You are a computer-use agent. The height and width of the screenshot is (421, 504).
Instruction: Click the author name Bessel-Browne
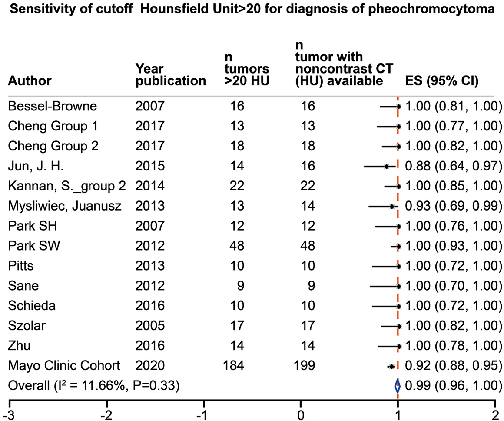[x=53, y=106]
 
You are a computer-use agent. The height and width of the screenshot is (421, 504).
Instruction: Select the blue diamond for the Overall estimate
[x=398, y=385]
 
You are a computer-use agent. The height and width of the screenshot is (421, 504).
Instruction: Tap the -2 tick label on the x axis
[x=107, y=415]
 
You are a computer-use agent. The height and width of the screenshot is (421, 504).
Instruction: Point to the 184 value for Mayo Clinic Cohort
[x=233, y=365]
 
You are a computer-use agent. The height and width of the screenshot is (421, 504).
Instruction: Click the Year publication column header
[x=170, y=75]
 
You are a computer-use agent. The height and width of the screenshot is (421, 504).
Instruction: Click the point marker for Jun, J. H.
[x=386, y=167]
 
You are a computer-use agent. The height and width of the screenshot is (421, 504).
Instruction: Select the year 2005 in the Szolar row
[x=150, y=325]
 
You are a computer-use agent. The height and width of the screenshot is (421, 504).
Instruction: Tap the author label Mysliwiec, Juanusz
[x=65, y=206]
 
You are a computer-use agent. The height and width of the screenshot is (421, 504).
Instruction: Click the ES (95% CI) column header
[x=442, y=80]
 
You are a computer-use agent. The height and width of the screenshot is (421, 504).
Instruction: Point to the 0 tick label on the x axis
[x=301, y=415]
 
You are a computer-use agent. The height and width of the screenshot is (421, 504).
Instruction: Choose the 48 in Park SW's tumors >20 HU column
[x=237, y=246]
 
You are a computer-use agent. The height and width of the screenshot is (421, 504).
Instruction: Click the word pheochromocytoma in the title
[x=431, y=9]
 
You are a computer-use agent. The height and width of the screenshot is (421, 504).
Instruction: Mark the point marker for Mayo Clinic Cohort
[x=391, y=366]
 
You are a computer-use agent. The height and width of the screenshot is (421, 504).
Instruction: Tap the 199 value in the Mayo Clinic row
[x=304, y=365]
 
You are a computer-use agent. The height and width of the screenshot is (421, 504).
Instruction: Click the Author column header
[x=30, y=80]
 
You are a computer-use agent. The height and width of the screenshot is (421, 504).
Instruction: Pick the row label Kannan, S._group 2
[x=67, y=186]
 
